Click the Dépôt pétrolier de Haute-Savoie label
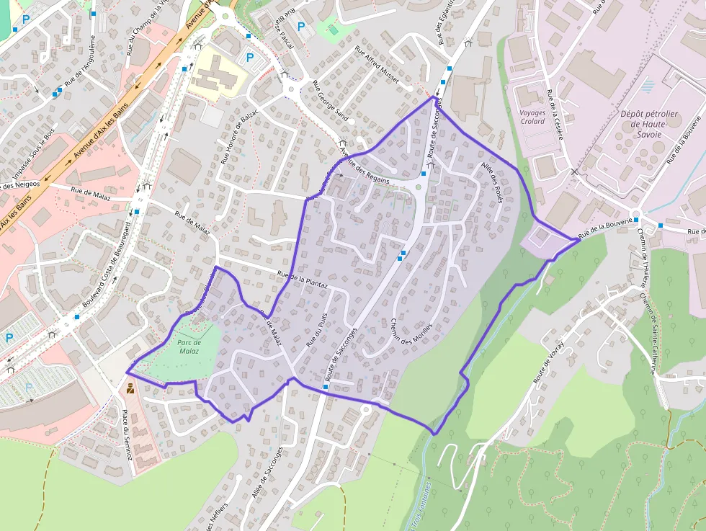[x=648, y=124]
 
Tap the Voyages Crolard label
[x=532, y=117]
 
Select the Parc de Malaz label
[x=189, y=346]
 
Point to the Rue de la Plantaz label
[x=303, y=280]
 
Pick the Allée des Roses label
[x=491, y=182]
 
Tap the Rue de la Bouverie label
[x=609, y=228]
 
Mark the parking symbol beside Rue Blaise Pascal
[x=301, y=27]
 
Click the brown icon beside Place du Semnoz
[x=130, y=388]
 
